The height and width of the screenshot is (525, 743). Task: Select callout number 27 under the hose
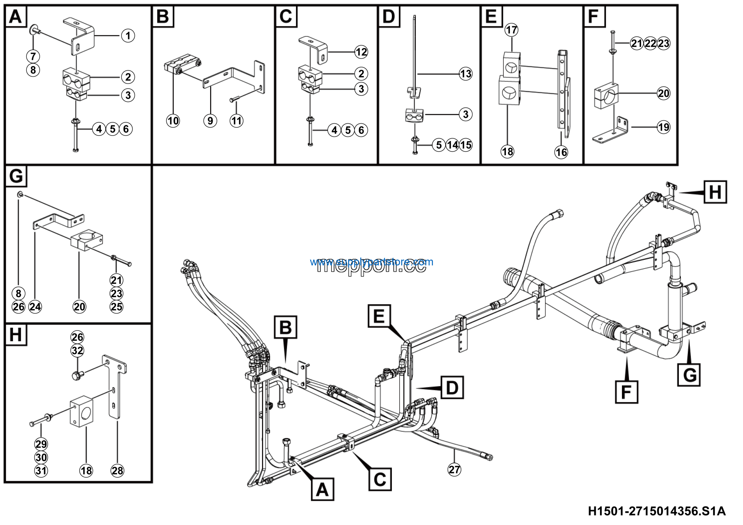(x=454, y=470)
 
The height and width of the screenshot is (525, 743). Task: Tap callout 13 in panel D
(x=465, y=74)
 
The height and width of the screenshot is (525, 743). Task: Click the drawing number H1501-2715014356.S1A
(x=657, y=511)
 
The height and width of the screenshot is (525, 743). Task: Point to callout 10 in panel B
(x=173, y=121)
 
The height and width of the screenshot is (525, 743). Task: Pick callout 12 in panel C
(x=361, y=52)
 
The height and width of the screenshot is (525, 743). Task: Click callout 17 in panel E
(x=511, y=30)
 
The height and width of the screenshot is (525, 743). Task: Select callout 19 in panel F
(x=664, y=127)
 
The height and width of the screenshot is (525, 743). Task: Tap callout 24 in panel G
(x=35, y=307)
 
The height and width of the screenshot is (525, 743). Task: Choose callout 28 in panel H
(x=117, y=471)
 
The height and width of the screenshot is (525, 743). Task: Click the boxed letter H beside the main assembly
(x=715, y=192)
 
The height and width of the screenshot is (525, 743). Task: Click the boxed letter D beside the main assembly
(x=452, y=387)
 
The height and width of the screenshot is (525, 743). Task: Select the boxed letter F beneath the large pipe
(x=627, y=392)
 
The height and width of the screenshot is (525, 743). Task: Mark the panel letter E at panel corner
(x=491, y=16)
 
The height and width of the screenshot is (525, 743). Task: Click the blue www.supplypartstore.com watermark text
(x=371, y=262)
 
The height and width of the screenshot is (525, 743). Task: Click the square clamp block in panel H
(x=82, y=413)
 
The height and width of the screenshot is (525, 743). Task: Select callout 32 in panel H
(x=77, y=350)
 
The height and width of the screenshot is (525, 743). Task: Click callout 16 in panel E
(x=561, y=152)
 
